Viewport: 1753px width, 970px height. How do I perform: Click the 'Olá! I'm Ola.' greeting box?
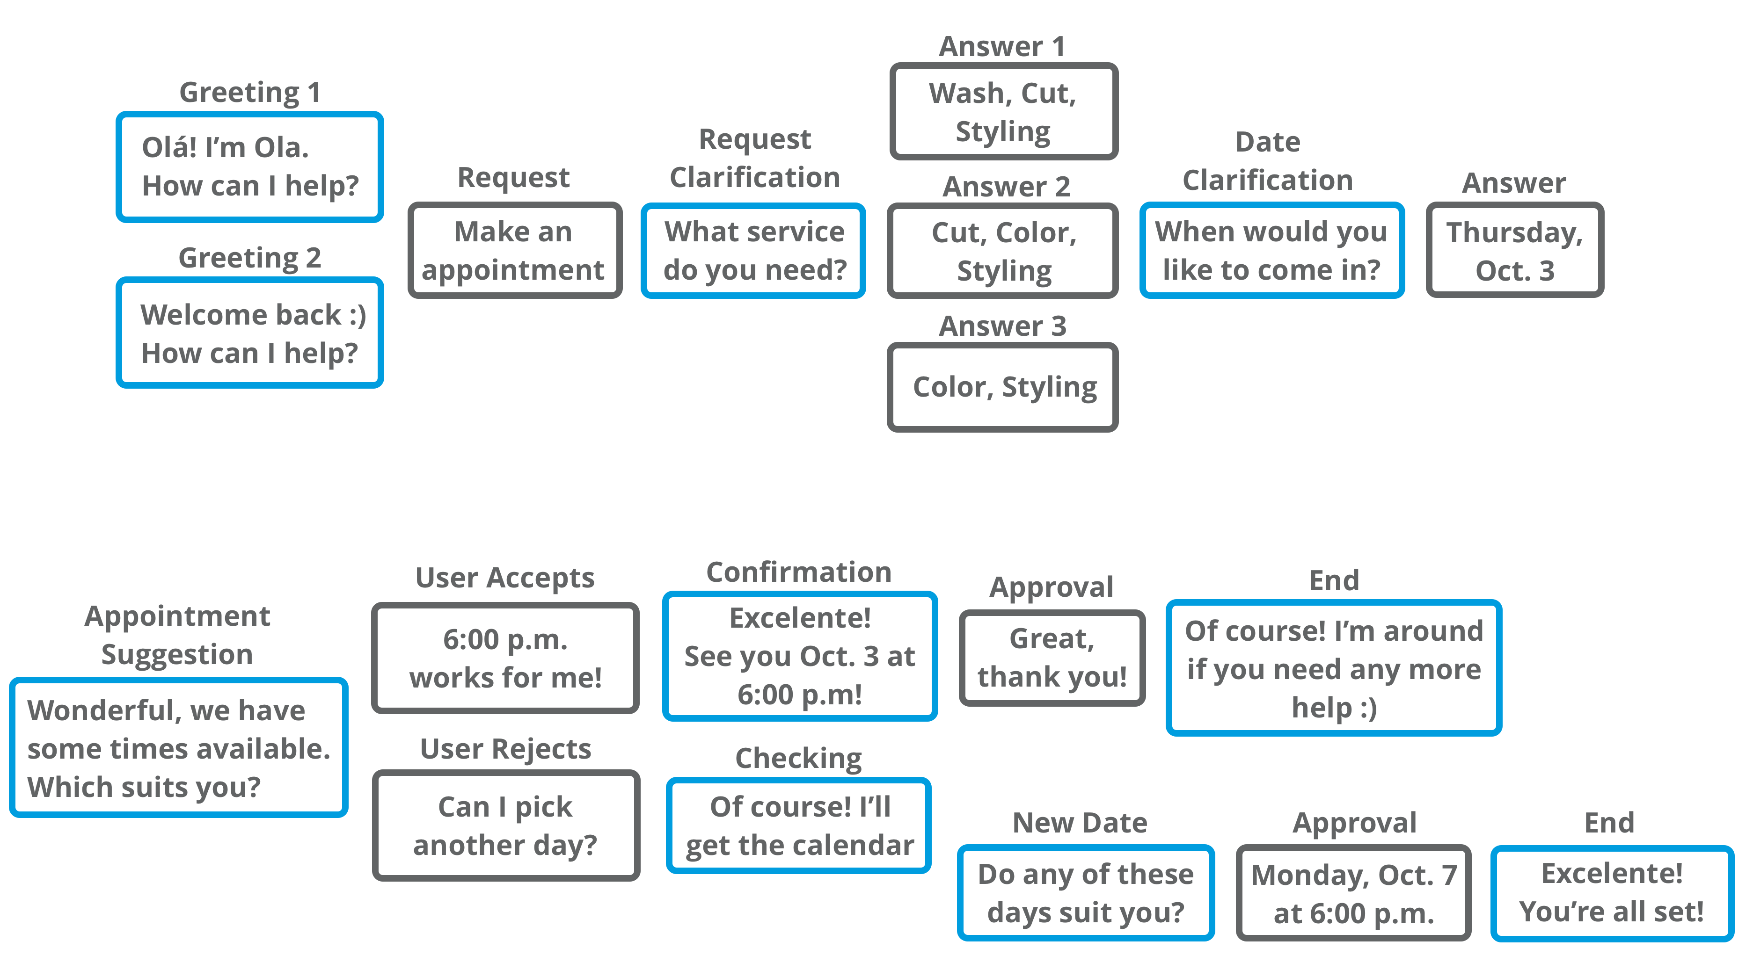point(250,166)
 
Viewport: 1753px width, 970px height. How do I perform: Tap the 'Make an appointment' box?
point(514,250)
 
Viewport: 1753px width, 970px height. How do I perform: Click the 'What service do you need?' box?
point(753,250)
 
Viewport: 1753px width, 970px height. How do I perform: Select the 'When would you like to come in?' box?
point(1271,250)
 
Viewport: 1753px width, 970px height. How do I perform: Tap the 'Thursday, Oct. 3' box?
point(1514,250)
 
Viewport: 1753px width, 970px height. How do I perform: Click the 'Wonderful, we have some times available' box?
point(178,747)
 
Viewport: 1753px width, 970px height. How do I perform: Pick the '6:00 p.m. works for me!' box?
point(505,658)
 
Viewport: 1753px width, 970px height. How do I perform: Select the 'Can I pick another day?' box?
point(505,825)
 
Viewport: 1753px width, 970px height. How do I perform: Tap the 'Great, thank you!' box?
point(1052,658)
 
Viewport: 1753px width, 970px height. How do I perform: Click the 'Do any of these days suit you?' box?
point(1085,892)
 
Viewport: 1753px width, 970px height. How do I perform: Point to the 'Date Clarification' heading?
point(1267,160)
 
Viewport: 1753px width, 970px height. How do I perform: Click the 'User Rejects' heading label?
point(505,748)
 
